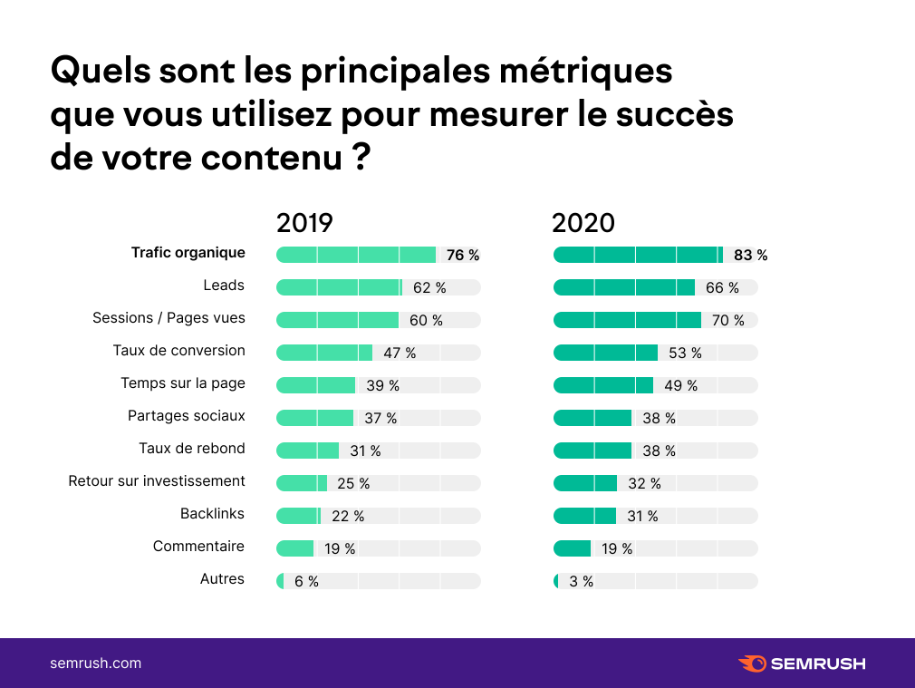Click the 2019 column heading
[x=304, y=223]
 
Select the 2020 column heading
[x=583, y=223]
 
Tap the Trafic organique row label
[x=188, y=253]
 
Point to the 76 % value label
[x=462, y=256]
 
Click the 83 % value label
[x=750, y=256]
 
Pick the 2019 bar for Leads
[x=339, y=287]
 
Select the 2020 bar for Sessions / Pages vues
[x=627, y=320]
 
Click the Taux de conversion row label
[x=179, y=351]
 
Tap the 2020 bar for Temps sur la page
[x=602, y=385]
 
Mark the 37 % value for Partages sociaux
[x=380, y=418]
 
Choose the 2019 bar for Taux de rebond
[x=307, y=451]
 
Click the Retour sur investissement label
[x=157, y=481]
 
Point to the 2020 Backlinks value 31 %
[x=642, y=516]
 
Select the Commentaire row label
[x=198, y=547]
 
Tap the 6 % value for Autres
[x=306, y=581]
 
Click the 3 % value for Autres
[x=582, y=581]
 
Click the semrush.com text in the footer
[x=95, y=663]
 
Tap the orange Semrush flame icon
[x=752, y=664]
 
